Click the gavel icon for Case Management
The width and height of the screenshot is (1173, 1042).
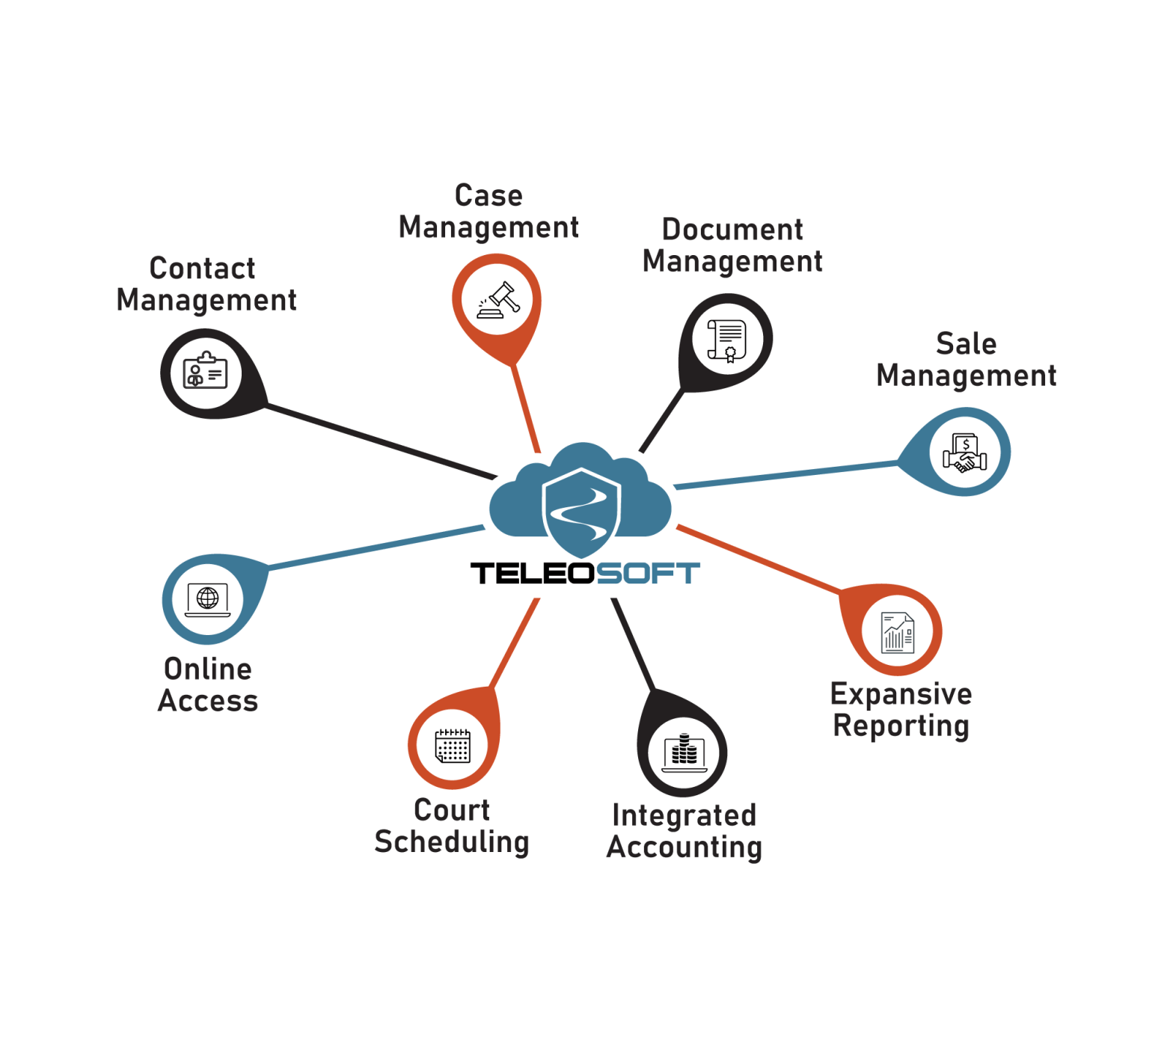[498, 300]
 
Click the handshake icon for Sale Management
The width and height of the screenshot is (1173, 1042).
[965, 452]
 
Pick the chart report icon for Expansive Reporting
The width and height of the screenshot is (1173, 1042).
[898, 633]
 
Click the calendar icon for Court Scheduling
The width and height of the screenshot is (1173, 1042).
[453, 745]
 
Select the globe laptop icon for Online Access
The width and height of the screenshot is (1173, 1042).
[207, 599]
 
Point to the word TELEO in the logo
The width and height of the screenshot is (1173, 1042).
[532, 574]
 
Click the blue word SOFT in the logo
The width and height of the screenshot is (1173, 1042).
[648, 574]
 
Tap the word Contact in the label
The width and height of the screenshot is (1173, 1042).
[202, 269]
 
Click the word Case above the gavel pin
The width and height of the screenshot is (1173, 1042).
[489, 196]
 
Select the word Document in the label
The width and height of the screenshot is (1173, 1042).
[732, 230]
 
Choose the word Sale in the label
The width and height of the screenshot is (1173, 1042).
[966, 344]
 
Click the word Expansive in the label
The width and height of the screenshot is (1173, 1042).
[901, 694]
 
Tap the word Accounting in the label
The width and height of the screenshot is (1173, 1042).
[684, 848]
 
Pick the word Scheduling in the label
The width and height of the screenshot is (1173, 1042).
[452, 842]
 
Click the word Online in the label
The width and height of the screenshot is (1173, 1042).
[208, 669]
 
